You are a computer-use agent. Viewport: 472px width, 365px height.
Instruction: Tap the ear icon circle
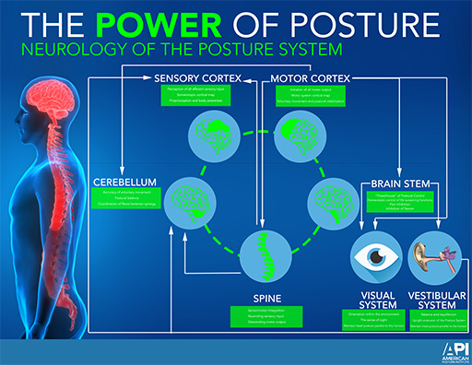tap(434, 255)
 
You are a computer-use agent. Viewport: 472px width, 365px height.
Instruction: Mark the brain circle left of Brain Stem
tap(331, 201)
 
